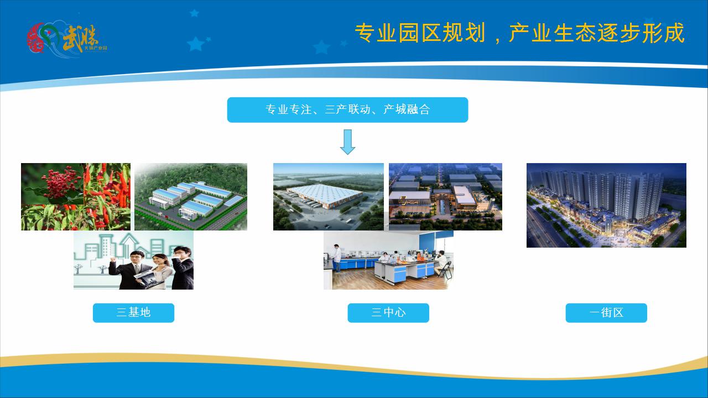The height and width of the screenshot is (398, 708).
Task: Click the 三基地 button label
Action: click(x=133, y=312)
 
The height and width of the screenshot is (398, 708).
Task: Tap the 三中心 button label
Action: click(x=388, y=312)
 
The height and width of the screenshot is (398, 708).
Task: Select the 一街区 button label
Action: click(x=606, y=312)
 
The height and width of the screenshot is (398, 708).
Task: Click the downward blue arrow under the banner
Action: click(x=347, y=142)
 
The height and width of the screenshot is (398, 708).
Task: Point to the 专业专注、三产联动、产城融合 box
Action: click(x=347, y=109)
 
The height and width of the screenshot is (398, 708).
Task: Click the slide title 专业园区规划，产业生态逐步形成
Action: click(x=519, y=34)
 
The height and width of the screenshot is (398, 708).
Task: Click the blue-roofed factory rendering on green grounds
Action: click(x=191, y=196)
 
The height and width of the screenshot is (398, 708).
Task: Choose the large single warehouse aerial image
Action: click(x=328, y=196)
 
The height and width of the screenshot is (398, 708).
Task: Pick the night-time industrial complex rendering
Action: click(x=445, y=196)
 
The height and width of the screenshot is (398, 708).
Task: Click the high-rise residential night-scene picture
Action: click(x=606, y=205)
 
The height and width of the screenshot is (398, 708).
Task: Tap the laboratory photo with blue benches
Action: click(x=388, y=260)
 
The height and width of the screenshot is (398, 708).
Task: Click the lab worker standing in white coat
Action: click(x=337, y=257)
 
